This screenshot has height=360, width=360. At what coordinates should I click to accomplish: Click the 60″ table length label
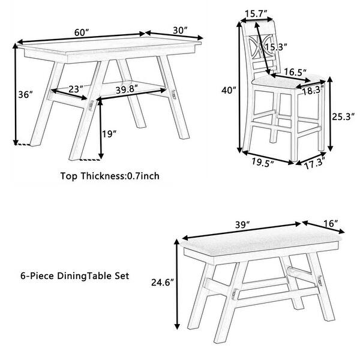click(x=82, y=32)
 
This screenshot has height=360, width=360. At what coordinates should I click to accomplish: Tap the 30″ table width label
click(x=180, y=31)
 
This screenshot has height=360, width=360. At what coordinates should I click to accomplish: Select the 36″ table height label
click(x=25, y=94)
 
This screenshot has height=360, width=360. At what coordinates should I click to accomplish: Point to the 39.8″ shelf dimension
click(x=127, y=89)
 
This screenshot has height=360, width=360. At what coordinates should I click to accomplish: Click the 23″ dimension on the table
click(x=76, y=89)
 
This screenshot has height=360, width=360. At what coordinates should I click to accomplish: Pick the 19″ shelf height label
click(x=109, y=134)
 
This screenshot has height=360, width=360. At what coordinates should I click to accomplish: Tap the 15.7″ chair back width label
click(x=256, y=14)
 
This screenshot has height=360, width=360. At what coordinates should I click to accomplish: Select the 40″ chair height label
click(x=229, y=90)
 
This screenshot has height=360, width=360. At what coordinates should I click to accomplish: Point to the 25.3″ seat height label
click(x=343, y=117)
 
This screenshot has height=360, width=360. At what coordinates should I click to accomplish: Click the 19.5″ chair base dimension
click(x=263, y=162)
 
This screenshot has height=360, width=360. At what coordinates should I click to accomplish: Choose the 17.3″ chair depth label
click(x=315, y=164)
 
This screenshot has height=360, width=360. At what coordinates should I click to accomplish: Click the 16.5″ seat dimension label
click(x=295, y=72)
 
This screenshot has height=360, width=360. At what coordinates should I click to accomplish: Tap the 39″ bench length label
click(x=242, y=225)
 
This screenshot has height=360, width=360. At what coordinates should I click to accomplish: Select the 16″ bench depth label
click(x=331, y=223)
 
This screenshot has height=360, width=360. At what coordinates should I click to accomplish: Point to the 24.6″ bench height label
click(x=163, y=283)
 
